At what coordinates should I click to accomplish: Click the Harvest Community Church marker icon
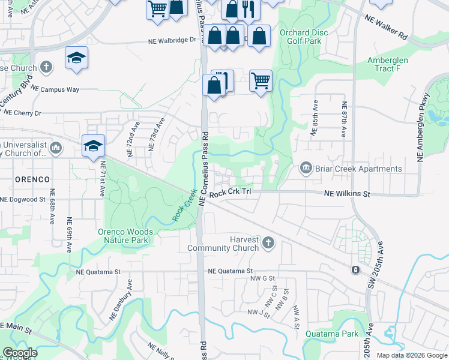(x=268, y=242)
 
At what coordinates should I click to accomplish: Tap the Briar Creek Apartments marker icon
(x=306, y=168)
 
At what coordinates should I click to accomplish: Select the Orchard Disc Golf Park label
(x=303, y=37)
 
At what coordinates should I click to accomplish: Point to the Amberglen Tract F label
(x=387, y=64)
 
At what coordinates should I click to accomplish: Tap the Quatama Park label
(x=331, y=334)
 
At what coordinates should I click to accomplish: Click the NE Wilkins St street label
(x=348, y=194)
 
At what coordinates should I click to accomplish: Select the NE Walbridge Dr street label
(x=172, y=41)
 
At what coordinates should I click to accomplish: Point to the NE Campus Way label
(x=55, y=89)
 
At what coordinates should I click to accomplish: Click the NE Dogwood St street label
(x=23, y=199)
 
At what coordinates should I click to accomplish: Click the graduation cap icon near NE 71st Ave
(x=93, y=146)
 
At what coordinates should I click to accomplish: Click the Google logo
(x=20, y=353)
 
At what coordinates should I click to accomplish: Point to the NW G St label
(x=262, y=278)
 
